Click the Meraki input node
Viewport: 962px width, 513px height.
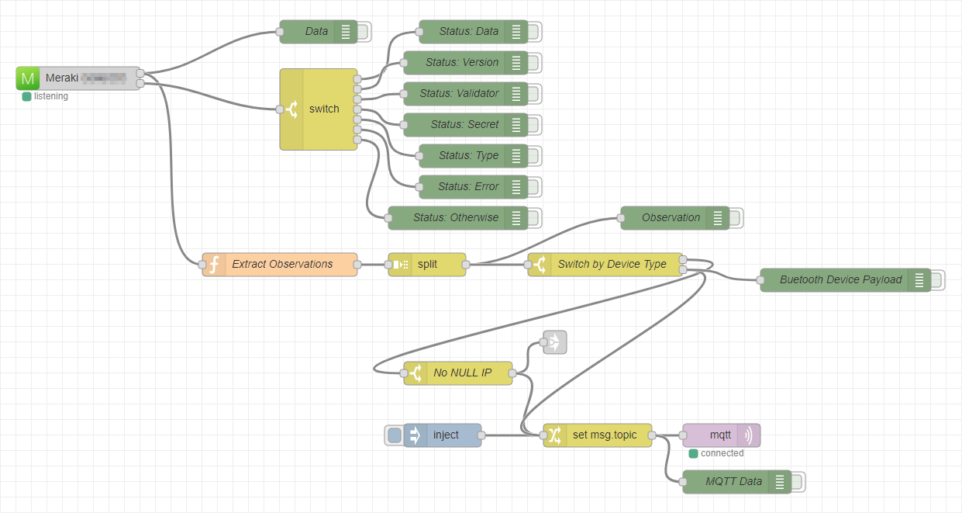coord(85,78)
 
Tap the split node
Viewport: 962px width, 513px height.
coord(427,265)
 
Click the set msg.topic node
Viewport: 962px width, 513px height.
coord(604,435)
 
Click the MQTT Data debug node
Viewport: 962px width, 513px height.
coord(733,482)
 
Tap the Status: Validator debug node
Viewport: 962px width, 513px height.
coord(459,94)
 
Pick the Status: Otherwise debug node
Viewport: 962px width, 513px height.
coord(455,218)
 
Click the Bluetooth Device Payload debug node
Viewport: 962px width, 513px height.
coord(840,280)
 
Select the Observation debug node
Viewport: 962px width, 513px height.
coord(671,218)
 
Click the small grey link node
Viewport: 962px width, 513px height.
coord(555,342)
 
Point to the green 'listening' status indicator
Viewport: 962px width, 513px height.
coord(26,97)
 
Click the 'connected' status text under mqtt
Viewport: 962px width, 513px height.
coord(722,453)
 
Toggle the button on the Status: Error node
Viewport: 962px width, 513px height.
coord(535,187)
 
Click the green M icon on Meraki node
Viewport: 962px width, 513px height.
coord(29,78)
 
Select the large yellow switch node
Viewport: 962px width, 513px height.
coord(323,109)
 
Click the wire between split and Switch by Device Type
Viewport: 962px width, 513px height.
coord(496,265)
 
